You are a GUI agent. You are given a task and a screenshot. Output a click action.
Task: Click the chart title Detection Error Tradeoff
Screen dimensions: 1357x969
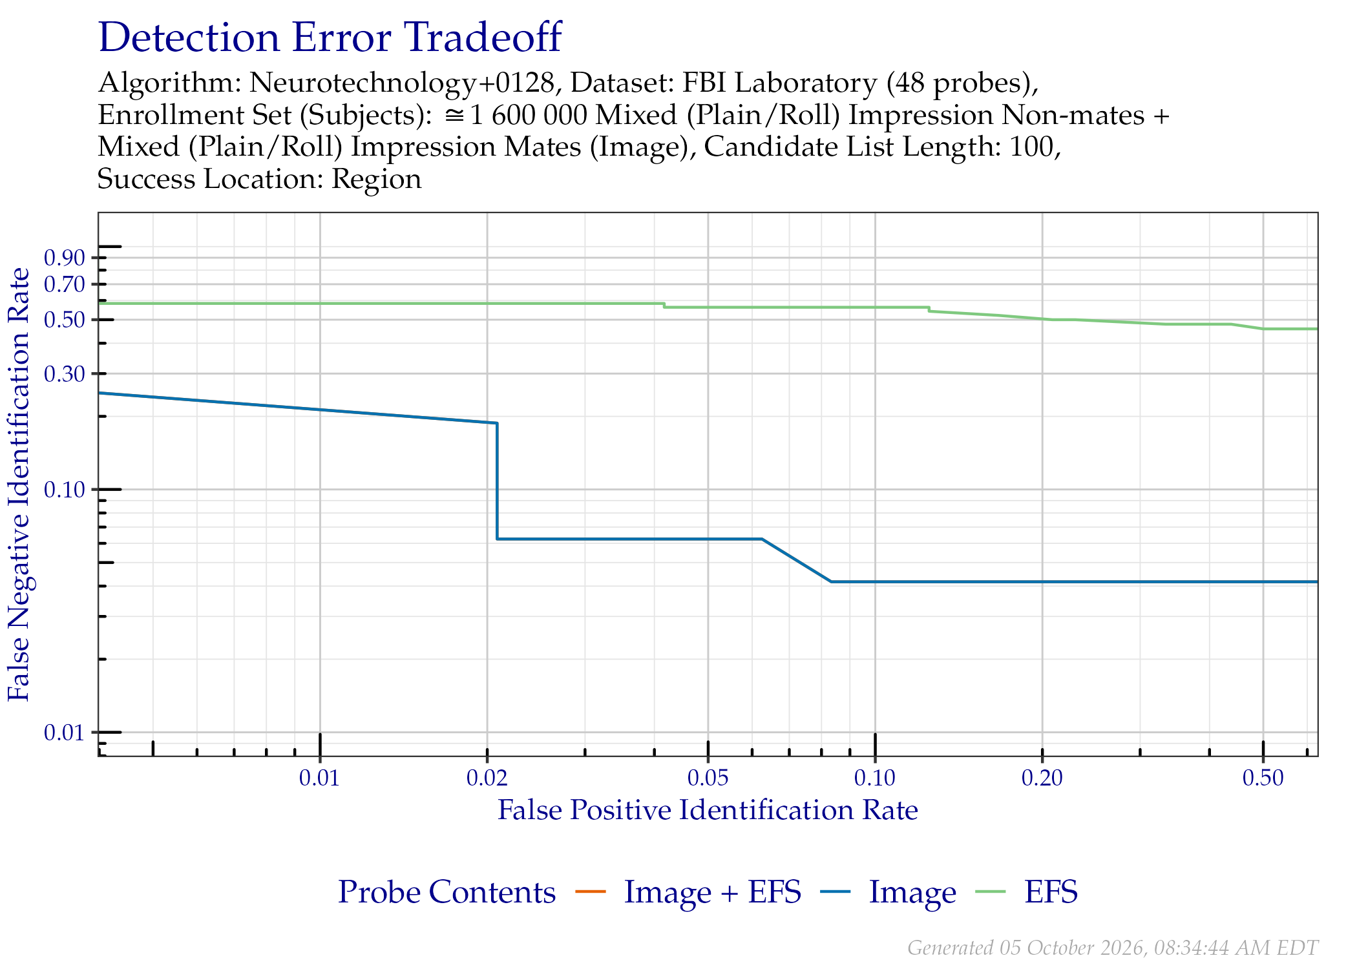pos(330,37)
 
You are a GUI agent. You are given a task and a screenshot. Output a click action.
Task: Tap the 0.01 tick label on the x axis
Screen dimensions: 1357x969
pos(319,778)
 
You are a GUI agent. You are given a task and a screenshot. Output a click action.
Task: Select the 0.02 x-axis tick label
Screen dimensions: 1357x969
pos(487,778)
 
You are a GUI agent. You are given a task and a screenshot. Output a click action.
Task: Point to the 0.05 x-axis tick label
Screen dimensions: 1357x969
pos(708,778)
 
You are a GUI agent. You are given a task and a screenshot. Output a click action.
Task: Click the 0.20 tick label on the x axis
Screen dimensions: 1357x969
pos(1042,778)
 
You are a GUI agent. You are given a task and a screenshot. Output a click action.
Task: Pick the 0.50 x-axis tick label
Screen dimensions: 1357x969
pos(1263,778)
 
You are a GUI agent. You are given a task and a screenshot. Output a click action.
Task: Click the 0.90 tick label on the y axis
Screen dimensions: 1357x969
pos(65,258)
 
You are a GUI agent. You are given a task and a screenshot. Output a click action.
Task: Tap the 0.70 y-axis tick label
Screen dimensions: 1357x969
pos(65,284)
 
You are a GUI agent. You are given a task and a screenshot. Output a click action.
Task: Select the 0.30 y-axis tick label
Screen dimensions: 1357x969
pos(65,374)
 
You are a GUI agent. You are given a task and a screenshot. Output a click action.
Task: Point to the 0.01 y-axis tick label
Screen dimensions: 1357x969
pos(65,733)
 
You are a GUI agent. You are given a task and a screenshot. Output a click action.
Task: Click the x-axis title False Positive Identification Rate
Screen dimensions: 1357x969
pos(708,810)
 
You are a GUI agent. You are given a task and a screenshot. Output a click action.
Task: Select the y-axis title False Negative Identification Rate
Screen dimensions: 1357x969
pos(19,484)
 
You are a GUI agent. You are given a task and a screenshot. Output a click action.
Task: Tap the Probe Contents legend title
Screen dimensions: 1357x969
pos(447,892)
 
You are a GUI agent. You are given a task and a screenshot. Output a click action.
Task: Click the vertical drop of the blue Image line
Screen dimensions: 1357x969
pos(497,481)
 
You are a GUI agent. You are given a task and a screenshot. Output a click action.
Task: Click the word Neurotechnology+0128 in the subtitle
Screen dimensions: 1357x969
pos(402,83)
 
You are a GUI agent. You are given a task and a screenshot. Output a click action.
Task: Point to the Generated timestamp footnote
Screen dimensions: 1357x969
pos(1113,948)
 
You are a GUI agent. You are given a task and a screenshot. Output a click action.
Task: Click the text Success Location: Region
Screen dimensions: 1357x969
pos(259,179)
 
